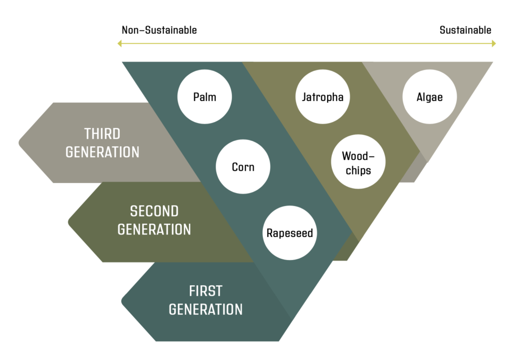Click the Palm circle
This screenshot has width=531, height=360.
[x=204, y=97]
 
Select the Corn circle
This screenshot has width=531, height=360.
[x=243, y=167]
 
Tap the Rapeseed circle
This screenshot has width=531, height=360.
[x=290, y=233]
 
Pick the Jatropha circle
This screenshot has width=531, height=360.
[x=323, y=97]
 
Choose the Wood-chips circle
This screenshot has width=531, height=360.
[x=358, y=162]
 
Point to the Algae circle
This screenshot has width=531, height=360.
[x=430, y=97]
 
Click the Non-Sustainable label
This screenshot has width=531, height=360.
[x=159, y=30]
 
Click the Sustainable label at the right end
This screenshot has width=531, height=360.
[x=465, y=30]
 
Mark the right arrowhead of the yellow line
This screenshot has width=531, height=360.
[x=494, y=44]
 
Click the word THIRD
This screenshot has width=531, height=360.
[x=102, y=134]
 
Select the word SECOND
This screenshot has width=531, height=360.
[x=155, y=211]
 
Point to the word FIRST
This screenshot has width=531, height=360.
[x=205, y=291]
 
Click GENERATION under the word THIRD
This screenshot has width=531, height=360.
[x=102, y=153]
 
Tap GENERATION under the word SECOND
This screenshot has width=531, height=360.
[x=155, y=230]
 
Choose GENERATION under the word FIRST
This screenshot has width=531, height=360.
[x=205, y=310]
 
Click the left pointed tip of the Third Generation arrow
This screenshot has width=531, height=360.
[x=19, y=143]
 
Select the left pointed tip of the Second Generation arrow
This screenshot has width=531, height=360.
[x=69, y=222]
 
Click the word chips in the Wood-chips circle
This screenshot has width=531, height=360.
[x=358, y=170]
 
